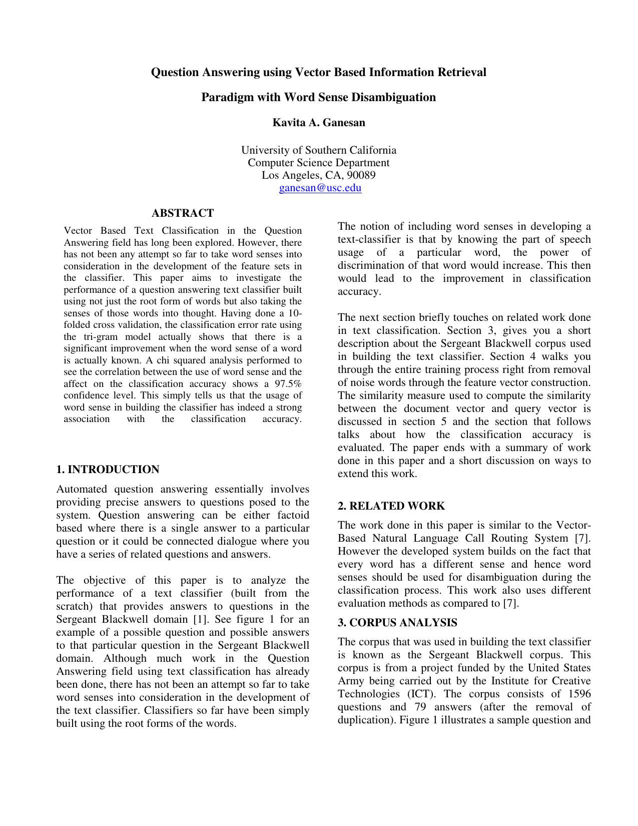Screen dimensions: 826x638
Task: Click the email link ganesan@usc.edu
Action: click(320, 188)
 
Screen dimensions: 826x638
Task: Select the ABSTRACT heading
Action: click(183, 213)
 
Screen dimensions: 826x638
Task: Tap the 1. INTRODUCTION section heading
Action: click(108, 470)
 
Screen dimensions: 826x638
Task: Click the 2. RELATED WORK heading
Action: click(391, 506)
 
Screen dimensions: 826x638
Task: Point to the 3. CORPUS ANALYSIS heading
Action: click(397, 623)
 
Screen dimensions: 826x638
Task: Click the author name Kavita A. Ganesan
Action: click(319, 123)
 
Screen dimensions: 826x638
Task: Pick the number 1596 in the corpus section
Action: click(579, 694)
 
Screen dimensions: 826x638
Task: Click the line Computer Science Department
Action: click(319, 163)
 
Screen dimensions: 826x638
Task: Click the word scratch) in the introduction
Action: click(75, 606)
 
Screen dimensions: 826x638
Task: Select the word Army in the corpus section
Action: click(351, 681)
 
